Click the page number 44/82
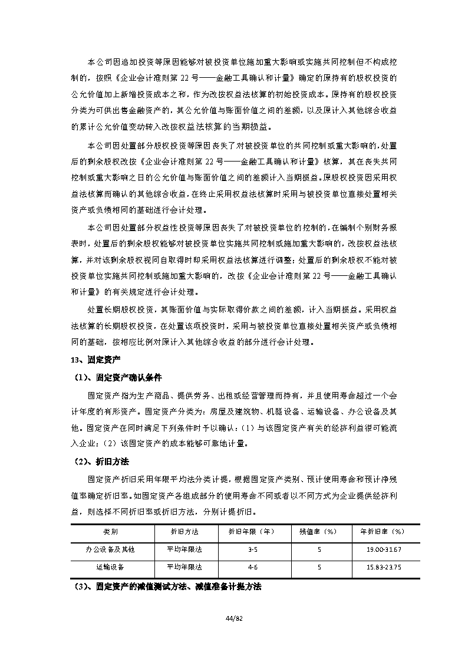(x=234, y=617)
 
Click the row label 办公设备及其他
(x=110, y=549)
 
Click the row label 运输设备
(x=110, y=567)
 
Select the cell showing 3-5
(x=252, y=549)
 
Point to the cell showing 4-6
(x=252, y=567)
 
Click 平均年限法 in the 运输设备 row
(x=184, y=567)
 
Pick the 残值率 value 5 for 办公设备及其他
(x=319, y=549)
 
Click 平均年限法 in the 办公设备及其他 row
(x=184, y=549)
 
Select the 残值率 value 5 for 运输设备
(x=319, y=567)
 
